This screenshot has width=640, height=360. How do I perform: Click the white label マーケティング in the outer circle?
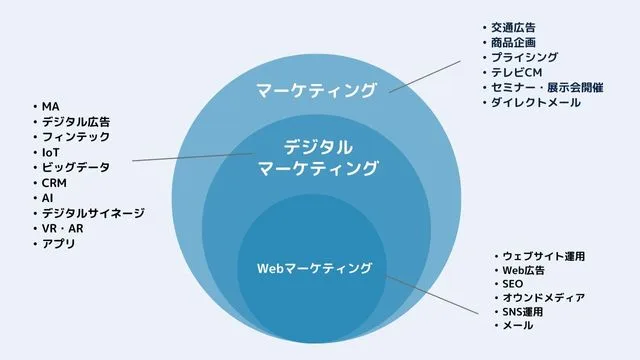pos(316,91)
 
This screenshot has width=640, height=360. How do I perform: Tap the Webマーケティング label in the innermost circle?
pos(315,268)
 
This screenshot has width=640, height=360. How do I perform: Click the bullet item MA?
pos(50,106)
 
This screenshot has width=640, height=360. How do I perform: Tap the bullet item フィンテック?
pos(75,136)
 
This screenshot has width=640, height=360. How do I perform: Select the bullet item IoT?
pos(51,152)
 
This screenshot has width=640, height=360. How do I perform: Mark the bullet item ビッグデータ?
pos(75,167)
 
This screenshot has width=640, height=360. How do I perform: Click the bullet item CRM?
pos(54,183)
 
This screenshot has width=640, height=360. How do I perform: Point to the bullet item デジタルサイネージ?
pos(93,213)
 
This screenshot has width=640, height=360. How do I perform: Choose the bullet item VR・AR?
pos(62,229)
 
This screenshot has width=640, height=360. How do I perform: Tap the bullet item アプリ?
pos(58,244)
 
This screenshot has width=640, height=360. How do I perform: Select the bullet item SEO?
pos(513,285)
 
